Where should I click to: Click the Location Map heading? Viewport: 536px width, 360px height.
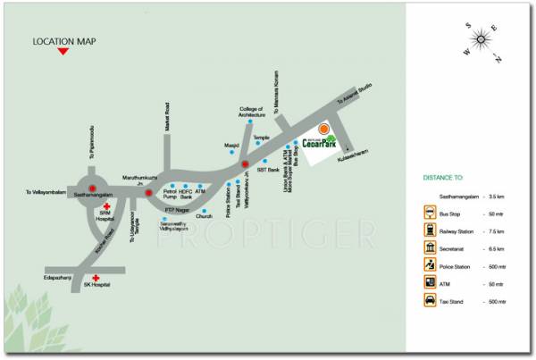pos(63,41)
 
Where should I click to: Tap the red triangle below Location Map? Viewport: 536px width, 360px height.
pos(63,53)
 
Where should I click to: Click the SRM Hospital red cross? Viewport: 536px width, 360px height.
pos(108,205)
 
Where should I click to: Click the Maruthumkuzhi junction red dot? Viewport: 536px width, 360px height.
pos(149,192)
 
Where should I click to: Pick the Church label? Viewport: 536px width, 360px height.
pos(205,216)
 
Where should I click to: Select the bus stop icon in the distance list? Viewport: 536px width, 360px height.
pos(431,213)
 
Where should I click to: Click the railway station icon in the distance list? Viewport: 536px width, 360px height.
pos(431,228)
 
